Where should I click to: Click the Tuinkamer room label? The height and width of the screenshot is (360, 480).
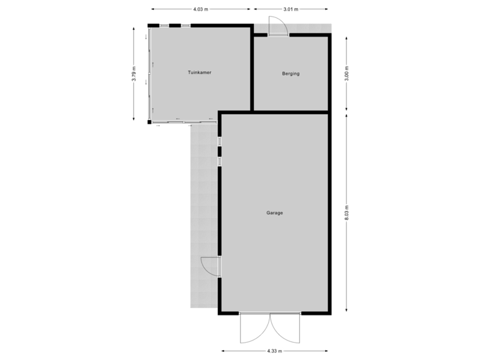coord(199,73)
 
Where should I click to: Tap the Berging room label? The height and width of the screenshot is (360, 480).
coord(291,73)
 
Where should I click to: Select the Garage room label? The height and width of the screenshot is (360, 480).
coord(275,213)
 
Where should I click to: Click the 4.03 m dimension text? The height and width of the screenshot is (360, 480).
coord(200,9)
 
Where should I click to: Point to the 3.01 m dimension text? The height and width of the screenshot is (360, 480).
coord(291,9)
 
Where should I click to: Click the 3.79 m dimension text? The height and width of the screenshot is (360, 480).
coord(135,73)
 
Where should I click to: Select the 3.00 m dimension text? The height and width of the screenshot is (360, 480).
coord(346,73)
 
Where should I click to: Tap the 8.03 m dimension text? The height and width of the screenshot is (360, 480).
coord(346,213)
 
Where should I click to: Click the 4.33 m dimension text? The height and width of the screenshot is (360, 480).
coord(275,351)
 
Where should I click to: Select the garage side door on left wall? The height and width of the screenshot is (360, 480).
coord(211,266)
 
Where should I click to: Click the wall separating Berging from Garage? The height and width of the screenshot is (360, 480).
coord(291,111)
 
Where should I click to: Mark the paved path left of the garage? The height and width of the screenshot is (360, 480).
coord(203,213)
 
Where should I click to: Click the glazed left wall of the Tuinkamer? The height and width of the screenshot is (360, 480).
coord(149,73)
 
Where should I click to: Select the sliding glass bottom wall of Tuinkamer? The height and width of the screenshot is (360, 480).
coord(183,121)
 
